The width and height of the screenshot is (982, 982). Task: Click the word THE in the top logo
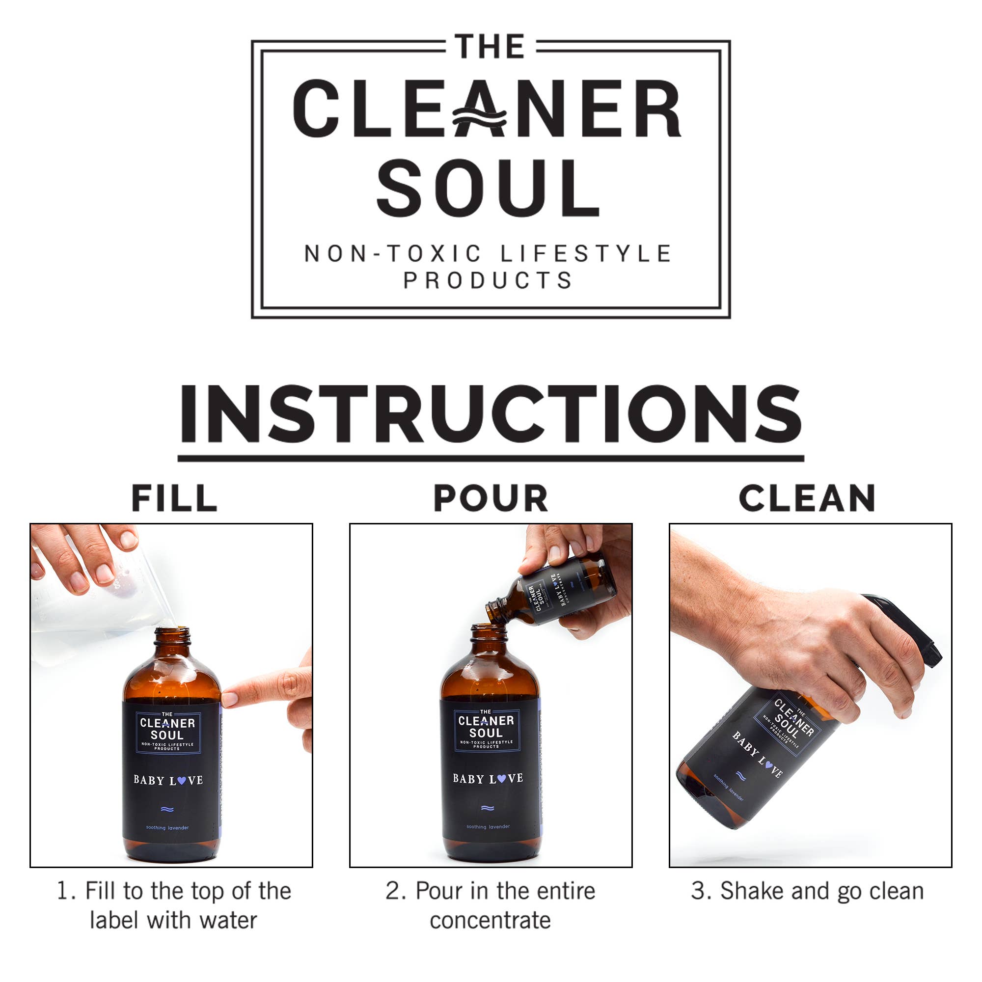coord(490,47)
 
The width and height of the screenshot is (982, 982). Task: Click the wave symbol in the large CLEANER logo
coord(480,118)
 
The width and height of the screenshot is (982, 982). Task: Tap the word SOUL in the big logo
coord(488,188)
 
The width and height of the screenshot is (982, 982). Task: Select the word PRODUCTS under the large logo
coord(488,280)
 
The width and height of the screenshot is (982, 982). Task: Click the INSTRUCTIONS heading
coord(491,414)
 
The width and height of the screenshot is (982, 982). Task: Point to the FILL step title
coord(174,498)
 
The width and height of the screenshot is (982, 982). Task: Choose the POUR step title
coord(491,498)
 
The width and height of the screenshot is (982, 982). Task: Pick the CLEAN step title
coord(807,498)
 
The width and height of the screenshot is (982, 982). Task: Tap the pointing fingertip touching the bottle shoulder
coord(232,698)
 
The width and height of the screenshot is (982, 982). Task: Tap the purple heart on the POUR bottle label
coord(501,778)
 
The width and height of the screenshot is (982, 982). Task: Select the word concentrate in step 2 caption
coord(490,921)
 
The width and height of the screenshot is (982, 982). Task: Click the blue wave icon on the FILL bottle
coord(167,809)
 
